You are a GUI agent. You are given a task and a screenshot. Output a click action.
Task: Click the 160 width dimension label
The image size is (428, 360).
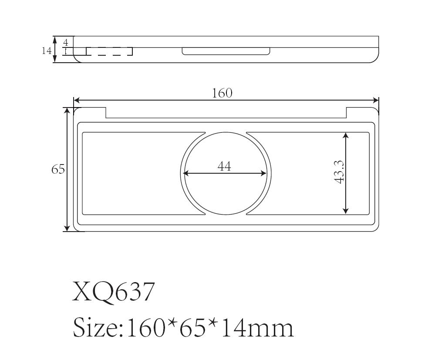click(x=222, y=93)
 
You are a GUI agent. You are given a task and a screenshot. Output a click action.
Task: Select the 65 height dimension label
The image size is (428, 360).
click(x=58, y=169)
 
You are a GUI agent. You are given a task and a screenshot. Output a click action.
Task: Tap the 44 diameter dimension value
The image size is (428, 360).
click(x=224, y=166)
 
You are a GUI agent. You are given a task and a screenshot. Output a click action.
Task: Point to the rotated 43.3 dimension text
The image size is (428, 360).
click(x=340, y=172)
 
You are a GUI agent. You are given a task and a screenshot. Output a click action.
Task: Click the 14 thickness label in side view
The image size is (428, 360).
click(x=47, y=50)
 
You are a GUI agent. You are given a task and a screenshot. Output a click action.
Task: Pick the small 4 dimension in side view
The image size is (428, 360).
click(x=66, y=43)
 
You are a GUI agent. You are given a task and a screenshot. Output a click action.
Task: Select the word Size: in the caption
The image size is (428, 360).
click(x=98, y=327)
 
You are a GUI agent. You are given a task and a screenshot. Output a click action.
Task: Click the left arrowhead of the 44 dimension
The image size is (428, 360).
click(x=185, y=173)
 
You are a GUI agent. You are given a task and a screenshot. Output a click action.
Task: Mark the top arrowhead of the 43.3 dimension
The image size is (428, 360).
click(x=346, y=135)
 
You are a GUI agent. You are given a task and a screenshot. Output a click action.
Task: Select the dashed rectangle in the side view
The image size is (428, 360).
click(x=109, y=51)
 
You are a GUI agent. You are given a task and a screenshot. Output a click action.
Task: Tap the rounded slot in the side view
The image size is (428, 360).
click(x=226, y=51)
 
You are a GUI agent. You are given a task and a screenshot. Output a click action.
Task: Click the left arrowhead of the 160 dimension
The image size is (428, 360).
click(x=77, y=100)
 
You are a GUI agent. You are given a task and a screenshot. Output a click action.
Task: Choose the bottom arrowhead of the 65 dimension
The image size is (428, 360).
click(x=67, y=228)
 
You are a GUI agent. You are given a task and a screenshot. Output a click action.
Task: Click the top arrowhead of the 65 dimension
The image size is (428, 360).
click(x=67, y=111)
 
